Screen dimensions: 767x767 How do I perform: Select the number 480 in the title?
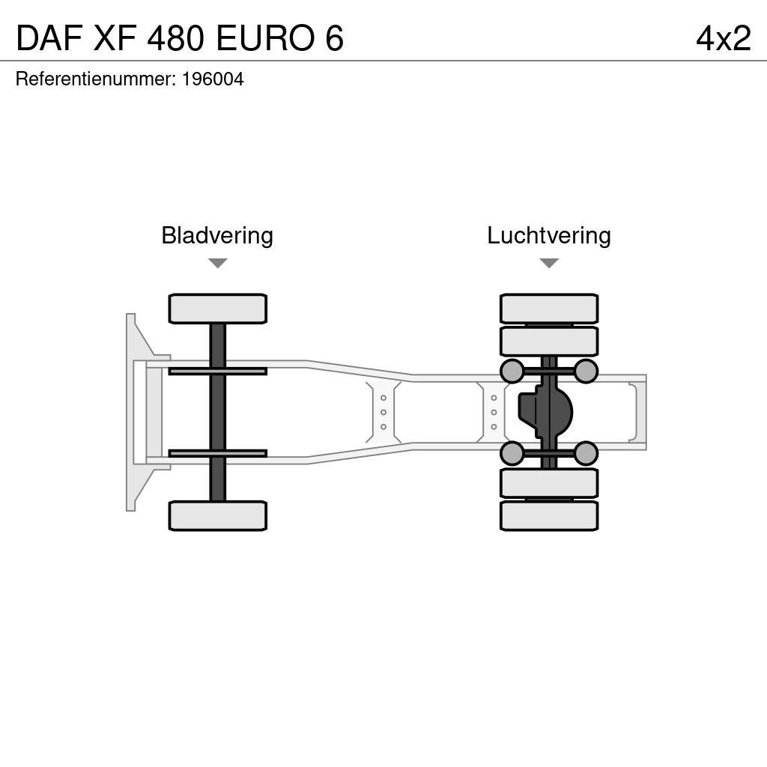pos(175,38)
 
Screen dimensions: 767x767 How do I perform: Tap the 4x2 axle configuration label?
pos(723,38)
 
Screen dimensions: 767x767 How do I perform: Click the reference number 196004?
pos(213,79)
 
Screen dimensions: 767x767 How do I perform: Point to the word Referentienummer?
pos(94,79)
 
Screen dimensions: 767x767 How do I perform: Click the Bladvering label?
pos(217,235)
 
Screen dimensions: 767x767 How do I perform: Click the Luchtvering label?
pos(549,235)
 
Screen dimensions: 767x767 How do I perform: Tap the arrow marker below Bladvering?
pos(217,263)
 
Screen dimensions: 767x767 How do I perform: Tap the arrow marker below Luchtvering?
pos(549,263)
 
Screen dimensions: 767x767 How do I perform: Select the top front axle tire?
pos(217,309)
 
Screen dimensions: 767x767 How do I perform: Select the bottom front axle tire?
pos(217,515)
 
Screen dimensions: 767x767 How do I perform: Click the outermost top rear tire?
pos(549,309)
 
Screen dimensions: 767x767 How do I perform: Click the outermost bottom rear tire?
pos(549,515)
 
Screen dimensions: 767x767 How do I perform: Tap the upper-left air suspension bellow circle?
pos(512,371)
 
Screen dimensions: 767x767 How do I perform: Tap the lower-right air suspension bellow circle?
pos(586,453)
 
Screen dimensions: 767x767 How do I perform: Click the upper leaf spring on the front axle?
pos(217,371)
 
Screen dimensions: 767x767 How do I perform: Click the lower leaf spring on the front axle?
pos(217,453)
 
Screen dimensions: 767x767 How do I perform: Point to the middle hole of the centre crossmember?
pos(383,412)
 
